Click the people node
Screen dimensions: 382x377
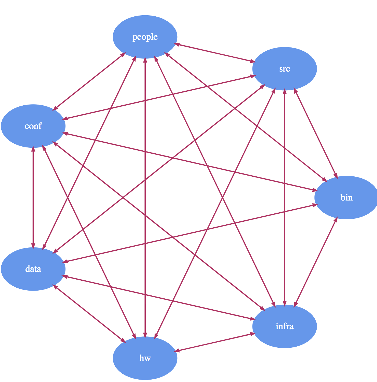145,37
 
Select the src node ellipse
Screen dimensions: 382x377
284,69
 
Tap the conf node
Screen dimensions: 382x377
33,126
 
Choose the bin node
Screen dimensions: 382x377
346,198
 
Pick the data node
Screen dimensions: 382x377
33,269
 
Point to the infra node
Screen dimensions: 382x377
284,326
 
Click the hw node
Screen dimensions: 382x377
145,358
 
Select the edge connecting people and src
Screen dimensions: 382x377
215,53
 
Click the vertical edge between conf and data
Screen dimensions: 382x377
33,198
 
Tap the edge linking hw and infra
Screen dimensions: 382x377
215,342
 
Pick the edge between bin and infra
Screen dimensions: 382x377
316,262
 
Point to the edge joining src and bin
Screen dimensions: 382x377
316,133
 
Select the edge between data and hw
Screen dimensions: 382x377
89,314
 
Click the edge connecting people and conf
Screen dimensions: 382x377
89,81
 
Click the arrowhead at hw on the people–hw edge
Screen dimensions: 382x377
145,335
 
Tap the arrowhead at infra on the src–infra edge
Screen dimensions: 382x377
284,303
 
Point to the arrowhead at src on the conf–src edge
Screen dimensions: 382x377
252,76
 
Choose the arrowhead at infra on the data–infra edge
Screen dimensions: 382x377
252,319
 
